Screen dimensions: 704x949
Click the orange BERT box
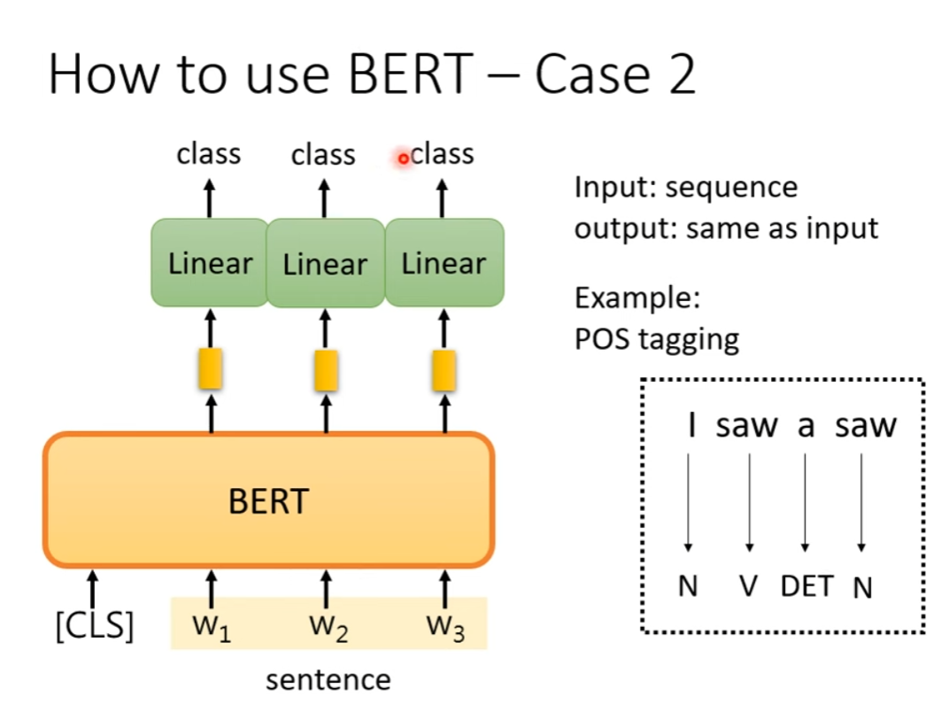268,501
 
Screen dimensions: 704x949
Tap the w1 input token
210,627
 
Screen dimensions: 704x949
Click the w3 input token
444,627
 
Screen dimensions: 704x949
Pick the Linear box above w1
210,263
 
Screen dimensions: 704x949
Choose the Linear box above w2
325,263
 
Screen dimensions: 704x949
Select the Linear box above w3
444,263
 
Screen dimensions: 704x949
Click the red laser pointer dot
403,159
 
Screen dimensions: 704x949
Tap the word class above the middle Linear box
323,155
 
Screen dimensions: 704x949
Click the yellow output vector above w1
210,369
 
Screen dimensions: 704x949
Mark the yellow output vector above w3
444,369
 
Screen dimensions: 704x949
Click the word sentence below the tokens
328,679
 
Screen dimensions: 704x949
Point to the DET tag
806,585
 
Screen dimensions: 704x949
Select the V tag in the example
749,585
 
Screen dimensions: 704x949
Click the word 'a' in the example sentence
805,426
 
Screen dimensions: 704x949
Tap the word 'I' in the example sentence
691,426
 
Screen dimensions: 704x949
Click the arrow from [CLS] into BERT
92,589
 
